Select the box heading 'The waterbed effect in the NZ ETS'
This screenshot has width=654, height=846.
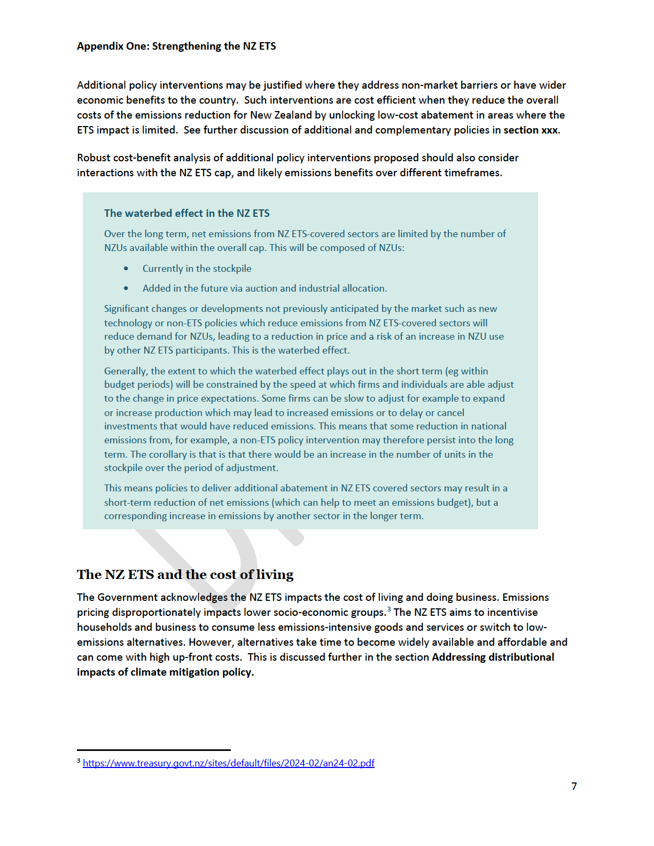pos(186,214)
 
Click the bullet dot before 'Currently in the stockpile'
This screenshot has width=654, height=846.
pos(126,269)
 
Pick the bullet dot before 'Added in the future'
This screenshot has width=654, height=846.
pos(126,288)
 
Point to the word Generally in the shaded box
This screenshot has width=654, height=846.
pos(126,371)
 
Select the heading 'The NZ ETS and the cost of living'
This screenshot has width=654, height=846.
pos(185,575)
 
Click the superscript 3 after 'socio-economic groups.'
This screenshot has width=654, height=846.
pos(389,609)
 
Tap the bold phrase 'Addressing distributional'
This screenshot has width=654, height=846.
pos(493,657)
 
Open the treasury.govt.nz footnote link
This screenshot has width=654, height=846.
pos(228,763)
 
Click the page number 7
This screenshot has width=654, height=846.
pos(574,786)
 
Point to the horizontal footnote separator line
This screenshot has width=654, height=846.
pos(154,750)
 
